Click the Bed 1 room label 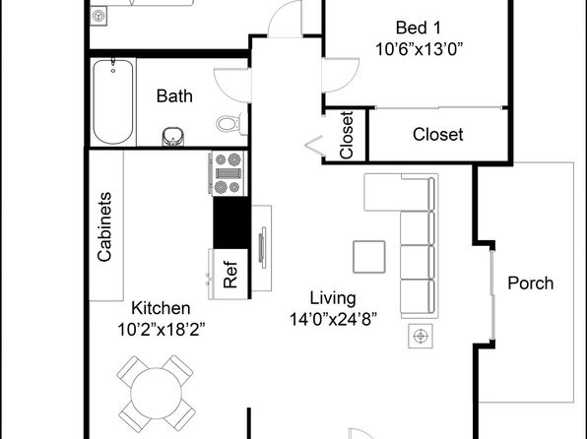pyautogui.click(x=419, y=29)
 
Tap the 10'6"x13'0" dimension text pyautogui.click(x=419, y=49)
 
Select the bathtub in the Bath pyautogui.click(x=113, y=101)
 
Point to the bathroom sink pyautogui.click(x=173, y=137)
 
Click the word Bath pyautogui.click(x=174, y=96)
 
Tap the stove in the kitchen pyautogui.click(x=228, y=173)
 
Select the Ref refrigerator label pyautogui.click(x=230, y=275)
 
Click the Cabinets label pyautogui.click(x=104, y=226)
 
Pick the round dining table pyautogui.click(x=157, y=393)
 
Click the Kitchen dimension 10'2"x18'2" pyautogui.click(x=162, y=330)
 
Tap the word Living pyautogui.click(x=333, y=298)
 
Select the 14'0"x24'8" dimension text pyautogui.click(x=333, y=320)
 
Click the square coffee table pyautogui.click(x=369, y=257)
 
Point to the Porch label pyautogui.click(x=531, y=283)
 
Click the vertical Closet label pyautogui.click(x=347, y=135)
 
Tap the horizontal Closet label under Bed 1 pyautogui.click(x=438, y=134)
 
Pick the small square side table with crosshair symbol pyautogui.click(x=421, y=336)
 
